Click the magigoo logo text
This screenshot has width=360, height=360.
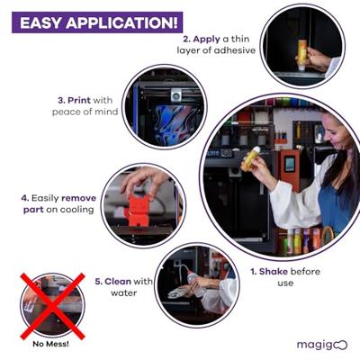321,343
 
